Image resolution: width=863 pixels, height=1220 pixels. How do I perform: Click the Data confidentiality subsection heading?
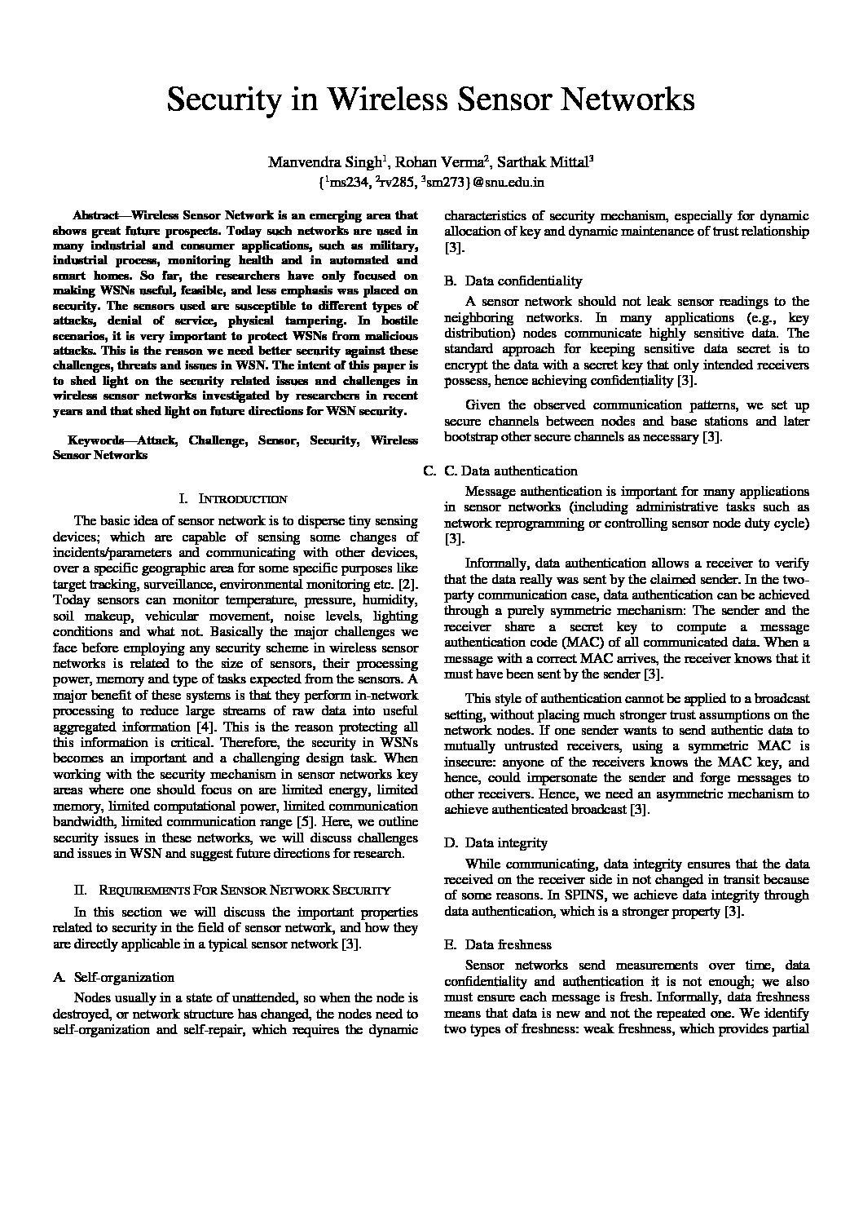523,281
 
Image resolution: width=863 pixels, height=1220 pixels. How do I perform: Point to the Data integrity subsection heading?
505,842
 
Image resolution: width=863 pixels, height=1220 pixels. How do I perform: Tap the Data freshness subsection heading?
508,944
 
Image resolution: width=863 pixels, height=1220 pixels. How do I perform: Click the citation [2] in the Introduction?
408,584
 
